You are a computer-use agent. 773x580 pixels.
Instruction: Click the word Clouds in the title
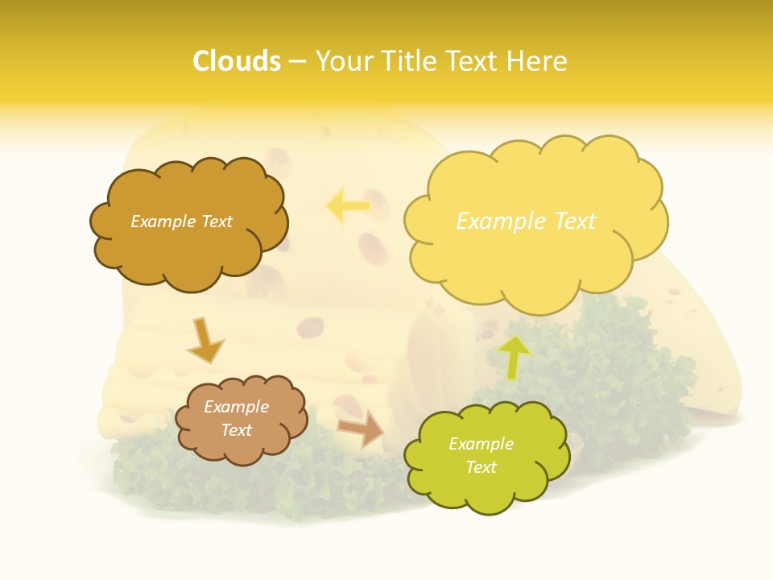tap(236, 60)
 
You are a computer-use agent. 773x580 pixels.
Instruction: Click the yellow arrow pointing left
tap(348, 205)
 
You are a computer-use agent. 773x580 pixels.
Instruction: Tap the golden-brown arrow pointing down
tap(205, 340)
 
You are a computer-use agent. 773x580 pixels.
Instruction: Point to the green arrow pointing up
tap(514, 357)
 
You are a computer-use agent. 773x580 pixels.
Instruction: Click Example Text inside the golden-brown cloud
tap(181, 222)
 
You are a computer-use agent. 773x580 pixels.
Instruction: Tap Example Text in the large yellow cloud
tap(526, 222)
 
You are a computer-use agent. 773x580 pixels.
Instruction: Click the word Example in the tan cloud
tap(236, 407)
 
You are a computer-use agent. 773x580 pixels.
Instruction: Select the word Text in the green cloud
tap(481, 468)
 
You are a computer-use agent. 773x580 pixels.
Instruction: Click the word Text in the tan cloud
tap(236, 430)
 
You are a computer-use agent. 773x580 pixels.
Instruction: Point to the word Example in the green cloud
tap(481, 444)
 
